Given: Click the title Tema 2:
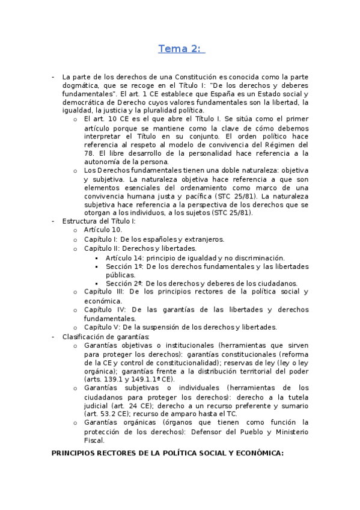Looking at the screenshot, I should (181, 49).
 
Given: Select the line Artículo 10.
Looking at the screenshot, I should (103, 230).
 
